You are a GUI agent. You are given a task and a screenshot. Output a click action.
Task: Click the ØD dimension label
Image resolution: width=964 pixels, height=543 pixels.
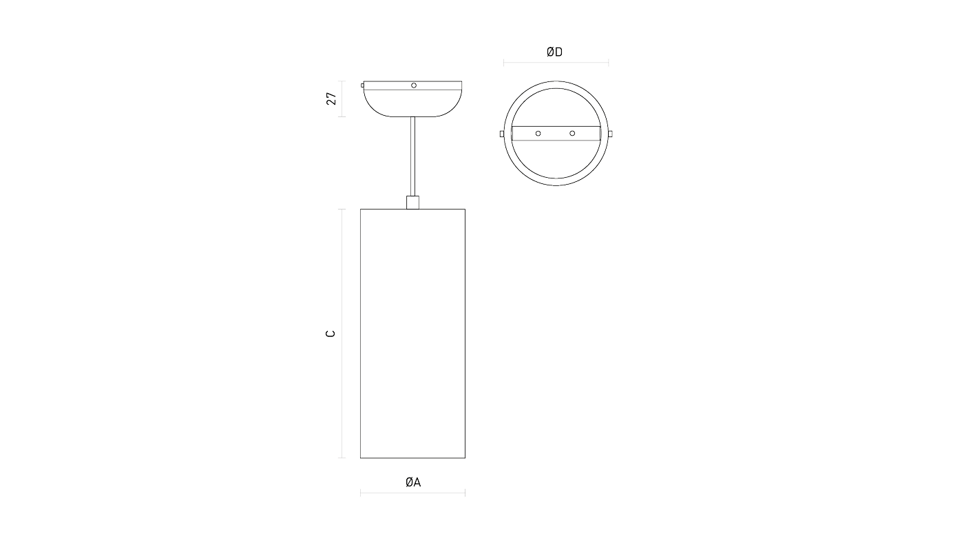[x=554, y=52]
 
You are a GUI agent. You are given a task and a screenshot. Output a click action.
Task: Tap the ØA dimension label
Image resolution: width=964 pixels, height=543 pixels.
[x=412, y=482]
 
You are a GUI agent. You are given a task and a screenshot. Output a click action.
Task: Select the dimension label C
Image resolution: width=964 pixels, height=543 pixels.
[x=331, y=334]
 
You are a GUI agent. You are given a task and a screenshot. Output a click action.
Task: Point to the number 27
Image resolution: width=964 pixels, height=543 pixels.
[x=331, y=99]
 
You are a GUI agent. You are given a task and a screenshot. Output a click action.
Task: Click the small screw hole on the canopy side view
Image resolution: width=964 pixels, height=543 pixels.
[x=414, y=85]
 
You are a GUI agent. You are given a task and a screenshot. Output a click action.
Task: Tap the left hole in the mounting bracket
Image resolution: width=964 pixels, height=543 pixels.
[x=538, y=134]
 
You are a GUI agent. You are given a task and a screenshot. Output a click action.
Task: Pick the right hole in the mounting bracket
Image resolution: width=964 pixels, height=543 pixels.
[x=572, y=134]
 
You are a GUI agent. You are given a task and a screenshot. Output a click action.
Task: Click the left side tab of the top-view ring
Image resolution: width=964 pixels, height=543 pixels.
[x=502, y=134]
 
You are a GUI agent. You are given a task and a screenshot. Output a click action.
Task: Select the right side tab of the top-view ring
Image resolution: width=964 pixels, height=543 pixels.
[x=610, y=134]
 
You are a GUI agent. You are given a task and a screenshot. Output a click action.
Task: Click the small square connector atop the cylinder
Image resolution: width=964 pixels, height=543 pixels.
[x=412, y=203]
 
